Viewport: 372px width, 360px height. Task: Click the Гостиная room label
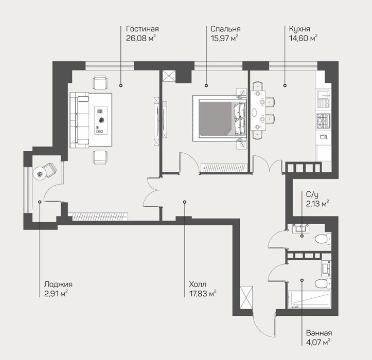(x=143, y=29)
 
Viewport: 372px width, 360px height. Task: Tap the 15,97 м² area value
(x=224, y=38)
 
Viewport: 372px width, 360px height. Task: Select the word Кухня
(x=299, y=29)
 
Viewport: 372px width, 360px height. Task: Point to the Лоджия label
(x=58, y=284)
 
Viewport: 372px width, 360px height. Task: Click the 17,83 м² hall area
(x=203, y=294)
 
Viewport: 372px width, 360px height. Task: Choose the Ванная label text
(x=319, y=333)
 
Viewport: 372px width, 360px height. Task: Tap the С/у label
(x=312, y=195)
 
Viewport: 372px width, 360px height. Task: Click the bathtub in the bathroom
(x=309, y=300)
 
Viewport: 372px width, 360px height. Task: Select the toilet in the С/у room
(x=323, y=238)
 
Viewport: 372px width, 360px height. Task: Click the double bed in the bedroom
(x=220, y=119)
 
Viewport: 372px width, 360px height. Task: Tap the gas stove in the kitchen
(x=323, y=120)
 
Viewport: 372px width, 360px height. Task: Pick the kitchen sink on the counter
(x=323, y=98)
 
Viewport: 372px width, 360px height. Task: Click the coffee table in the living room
(x=101, y=120)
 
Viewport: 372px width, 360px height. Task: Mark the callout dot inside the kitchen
(x=285, y=85)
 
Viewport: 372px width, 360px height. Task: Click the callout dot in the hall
(x=185, y=202)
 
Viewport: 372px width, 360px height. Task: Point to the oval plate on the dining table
(x=254, y=113)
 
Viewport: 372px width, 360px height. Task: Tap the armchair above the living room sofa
(x=100, y=82)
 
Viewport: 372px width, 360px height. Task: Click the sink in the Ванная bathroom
(x=326, y=268)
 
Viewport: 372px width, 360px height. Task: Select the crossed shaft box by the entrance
(x=246, y=298)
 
